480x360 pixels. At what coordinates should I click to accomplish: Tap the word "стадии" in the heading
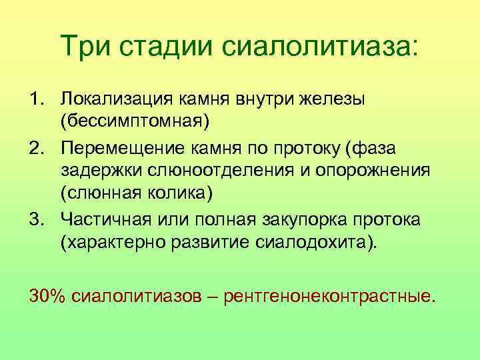pos(165,48)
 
